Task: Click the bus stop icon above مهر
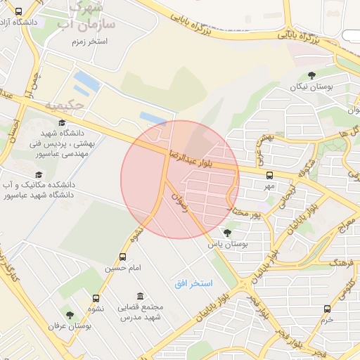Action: click(269, 175)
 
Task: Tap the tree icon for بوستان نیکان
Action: click(311, 75)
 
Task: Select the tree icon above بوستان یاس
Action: click(226, 232)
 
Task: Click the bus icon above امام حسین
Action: click(123, 257)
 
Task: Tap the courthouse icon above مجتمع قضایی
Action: click(141, 296)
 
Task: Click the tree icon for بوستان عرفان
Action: click(70, 315)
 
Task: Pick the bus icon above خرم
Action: click(327, 309)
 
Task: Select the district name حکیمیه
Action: click(65, 105)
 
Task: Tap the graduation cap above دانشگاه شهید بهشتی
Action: click(62, 122)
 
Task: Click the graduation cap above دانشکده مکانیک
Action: click(38, 174)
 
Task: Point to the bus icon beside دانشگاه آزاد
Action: click(18, 11)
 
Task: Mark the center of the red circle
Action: click(180, 179)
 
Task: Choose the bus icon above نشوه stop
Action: click(96, 297)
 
